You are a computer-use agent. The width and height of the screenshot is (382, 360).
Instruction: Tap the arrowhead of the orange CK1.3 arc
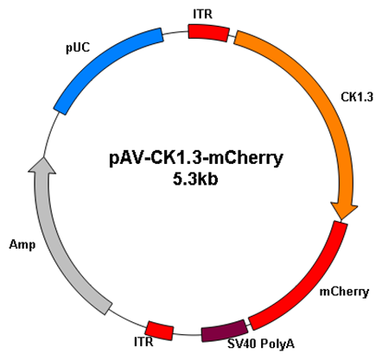click(x=343, y=212)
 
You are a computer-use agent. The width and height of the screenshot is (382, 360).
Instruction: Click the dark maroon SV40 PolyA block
click(x=224, y=331)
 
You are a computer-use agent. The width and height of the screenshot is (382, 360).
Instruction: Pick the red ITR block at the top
click(x=209, y=33)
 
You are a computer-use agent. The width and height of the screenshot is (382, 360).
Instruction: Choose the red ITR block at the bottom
click(x=160, y=331)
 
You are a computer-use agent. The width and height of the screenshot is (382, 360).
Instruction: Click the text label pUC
click(x=78, y=48)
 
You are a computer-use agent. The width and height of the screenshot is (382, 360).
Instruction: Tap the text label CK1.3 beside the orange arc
click(x=357, y=98)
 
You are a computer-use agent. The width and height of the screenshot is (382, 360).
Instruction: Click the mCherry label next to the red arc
click(x=344, y=292)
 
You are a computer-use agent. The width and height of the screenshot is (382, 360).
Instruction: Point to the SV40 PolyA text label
click(x=261, y=344)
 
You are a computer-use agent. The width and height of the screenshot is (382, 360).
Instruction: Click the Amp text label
click(x=22, y=245)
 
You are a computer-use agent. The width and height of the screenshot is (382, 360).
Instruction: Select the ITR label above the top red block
click(x=202, y=14)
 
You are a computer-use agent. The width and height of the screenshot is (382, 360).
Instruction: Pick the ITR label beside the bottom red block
click(x=143, y=342)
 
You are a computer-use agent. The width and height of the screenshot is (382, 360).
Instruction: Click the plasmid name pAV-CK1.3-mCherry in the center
click(x=196, y=158)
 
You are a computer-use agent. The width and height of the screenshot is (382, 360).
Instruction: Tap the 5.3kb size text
click(x=195, y=180)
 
